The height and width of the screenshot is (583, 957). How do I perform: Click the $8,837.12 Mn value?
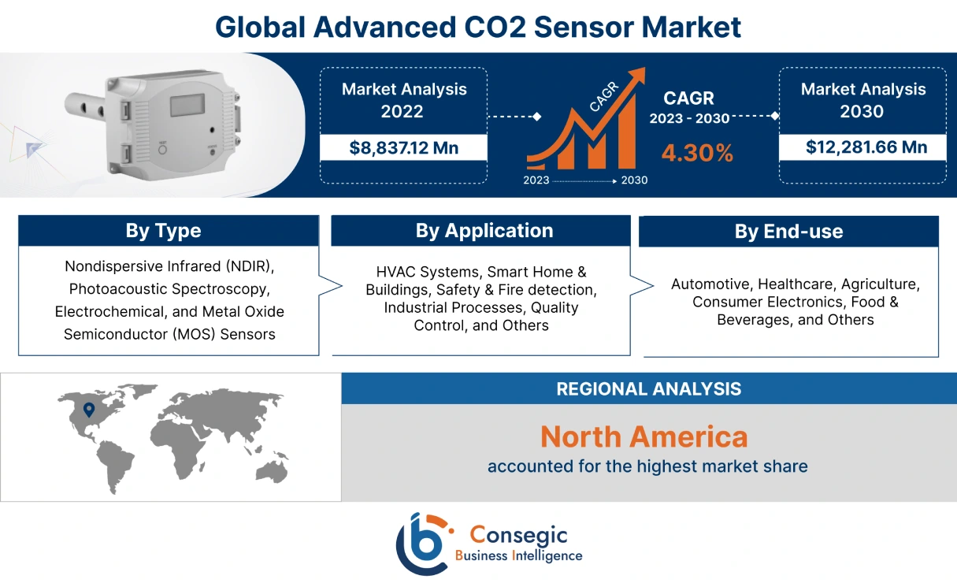pyautogui.click(x=403, y=147)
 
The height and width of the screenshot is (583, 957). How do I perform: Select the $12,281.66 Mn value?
pyautogui.click(x=862, y=147)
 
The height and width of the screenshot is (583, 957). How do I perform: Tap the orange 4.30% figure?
pyautogui.click(x=697, y=153)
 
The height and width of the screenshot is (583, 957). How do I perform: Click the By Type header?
pyautogui.click(x=163, y=231)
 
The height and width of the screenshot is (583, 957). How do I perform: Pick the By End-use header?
pyautogui.click(x=788, y=232)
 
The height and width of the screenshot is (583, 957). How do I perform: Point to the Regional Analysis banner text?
pyautogui.click(x=648, y=388)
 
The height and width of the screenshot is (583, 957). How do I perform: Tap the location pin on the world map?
pyautogui.click(x=88, y=410)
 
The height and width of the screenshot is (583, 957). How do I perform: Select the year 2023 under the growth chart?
pyautogui.click(x=537, y=180)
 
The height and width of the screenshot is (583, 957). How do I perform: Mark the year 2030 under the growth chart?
pyautogui.click(x=634, y=180)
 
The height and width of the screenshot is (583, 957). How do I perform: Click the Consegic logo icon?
pyautogui.click(x=423, y=544)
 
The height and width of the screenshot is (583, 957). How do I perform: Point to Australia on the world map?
pyautogui.click(x=273, y=470)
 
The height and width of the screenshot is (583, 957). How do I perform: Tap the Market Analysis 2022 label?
pyautogui.click(x=403, y=100)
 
